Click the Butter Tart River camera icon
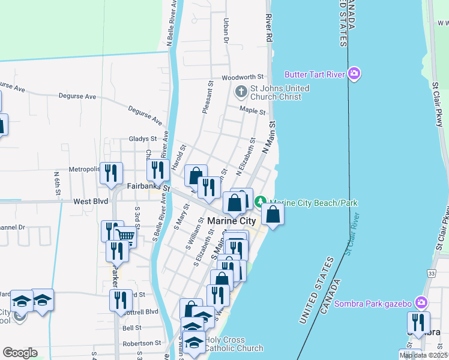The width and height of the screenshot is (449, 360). [x=354, y=74]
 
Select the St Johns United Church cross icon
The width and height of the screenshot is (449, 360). [x=241, y=92]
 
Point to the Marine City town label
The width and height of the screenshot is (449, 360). [x=231, y=221]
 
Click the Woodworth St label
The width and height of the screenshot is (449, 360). [x=243, y=77]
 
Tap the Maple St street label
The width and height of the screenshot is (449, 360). [x=252, y=111]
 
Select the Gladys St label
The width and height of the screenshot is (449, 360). [x=142, y=139]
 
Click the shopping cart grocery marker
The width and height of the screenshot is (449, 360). [x=125, y=235]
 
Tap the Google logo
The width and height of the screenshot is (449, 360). [x=20, y=353]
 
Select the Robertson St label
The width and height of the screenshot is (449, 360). [x=142, y=344]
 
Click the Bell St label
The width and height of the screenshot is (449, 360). [x=131, y=328]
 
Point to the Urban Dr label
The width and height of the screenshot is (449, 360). [x=227, y=31]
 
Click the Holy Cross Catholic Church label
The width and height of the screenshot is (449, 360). [x=234, y=344]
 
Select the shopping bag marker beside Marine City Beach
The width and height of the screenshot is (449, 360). [x=273, y=214]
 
